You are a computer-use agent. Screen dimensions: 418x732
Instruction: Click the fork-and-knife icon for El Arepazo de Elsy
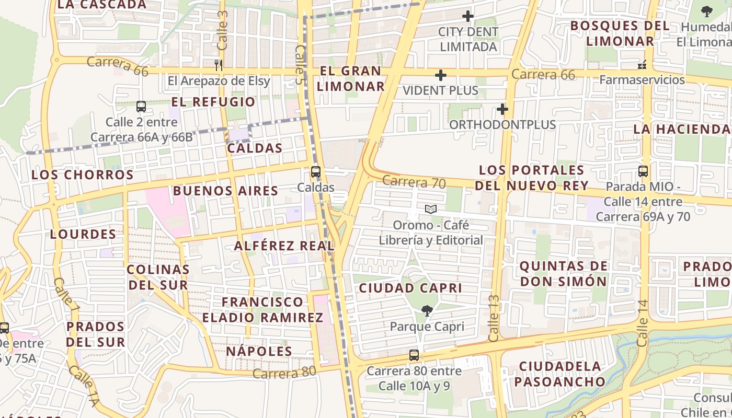pyautogui.click(x=219, y=65)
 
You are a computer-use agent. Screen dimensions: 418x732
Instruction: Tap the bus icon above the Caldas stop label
pyautogui.click(x=316, y=171)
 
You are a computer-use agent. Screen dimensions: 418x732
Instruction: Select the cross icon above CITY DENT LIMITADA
pyautogui.click(x=468, y=16)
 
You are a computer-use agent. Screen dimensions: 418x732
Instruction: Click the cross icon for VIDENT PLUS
pyautogui.click(x=441, y=75)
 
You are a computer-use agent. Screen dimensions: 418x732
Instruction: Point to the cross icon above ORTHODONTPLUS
pyautogui.click(x=502, y=109)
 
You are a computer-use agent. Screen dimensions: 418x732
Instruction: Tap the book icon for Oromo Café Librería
pyautogui.click(x=431, y=210)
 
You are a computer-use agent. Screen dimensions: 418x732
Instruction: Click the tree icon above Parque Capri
pyautogui.click(x=427, y=311)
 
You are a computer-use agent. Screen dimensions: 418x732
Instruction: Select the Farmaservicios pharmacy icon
pyautogui.click(x=642, y=65)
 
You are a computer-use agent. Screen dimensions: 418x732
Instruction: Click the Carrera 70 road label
pyautogui.click(x=414, y=182)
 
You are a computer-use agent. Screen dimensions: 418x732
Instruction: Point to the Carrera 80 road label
pyautogui.click(x=285, y=373)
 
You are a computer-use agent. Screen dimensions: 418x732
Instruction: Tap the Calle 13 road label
pyautogui.click(x=494, y=318)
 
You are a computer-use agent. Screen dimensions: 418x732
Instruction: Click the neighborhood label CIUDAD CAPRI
pyautogui.click(x=410, y=288)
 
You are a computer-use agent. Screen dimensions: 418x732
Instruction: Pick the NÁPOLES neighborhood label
pyautogui.click(x=259, y=351)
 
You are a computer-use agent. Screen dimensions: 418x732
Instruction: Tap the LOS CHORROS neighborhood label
pyautogui.click(x=83, y=175)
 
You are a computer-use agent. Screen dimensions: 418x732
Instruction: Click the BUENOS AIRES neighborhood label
pyautogui.click(x=225, y=191)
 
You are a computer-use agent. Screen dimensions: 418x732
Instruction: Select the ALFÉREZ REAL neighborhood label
pyautogui.click(x=284, y=246)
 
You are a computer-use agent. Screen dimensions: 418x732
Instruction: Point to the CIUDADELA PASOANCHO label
pyautogui.click(x=559, y=374)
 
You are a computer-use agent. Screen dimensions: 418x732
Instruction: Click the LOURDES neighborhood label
pyautogui.click(x=83, y=234)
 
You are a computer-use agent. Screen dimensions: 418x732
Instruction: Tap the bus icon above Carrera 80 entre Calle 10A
pyautogui.click(x=414, y=355)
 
